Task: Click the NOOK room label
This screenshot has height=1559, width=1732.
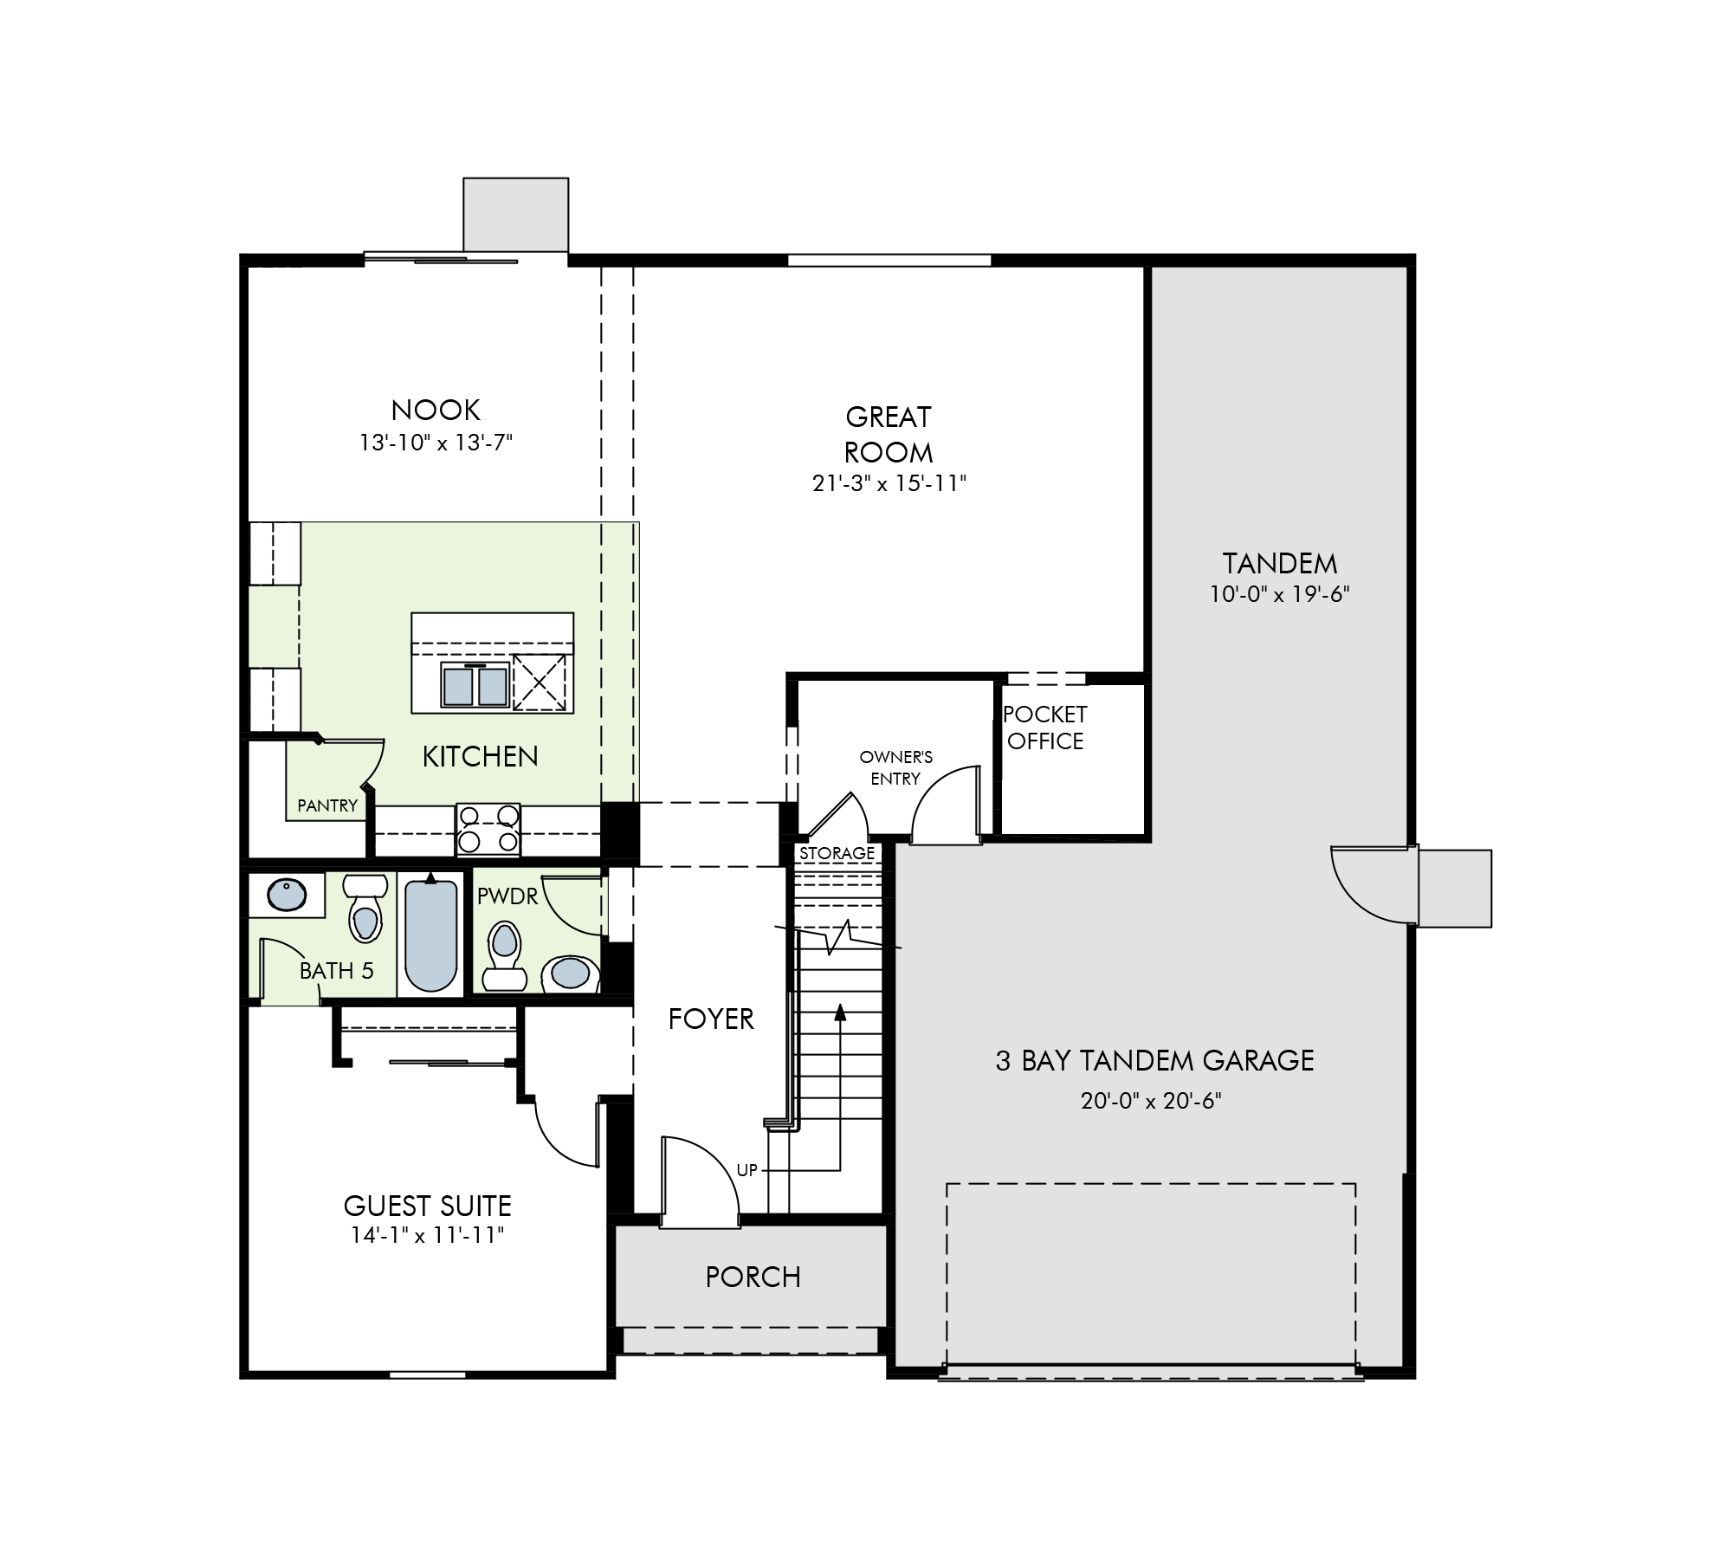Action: point(436,410)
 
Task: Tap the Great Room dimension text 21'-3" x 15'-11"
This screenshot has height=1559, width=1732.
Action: point(889,483)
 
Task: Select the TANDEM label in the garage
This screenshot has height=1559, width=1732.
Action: point(1280,564)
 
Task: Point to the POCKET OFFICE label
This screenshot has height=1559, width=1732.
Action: point(1045,728)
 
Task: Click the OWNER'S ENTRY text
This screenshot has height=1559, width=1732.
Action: point(895,768)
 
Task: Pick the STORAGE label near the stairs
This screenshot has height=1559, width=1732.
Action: point(837,853)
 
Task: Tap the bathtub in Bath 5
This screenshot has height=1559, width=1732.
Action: point(430,935)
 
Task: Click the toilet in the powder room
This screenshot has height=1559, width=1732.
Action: point(504,955)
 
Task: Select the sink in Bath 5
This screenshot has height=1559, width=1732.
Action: point(287,895)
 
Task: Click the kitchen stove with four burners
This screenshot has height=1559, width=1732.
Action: point(488,829)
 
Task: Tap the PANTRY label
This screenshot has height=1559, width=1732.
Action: point(327,805)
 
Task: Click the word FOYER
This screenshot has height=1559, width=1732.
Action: point(711,1019)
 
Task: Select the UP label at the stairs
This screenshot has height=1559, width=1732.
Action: point(746,1170)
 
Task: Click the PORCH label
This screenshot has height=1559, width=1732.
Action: point(753,1277)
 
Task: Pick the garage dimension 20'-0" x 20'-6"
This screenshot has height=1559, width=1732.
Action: point(1151,1101)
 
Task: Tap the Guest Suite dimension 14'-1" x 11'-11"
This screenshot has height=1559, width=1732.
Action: point(428,1235)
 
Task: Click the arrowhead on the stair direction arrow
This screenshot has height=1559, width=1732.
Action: point(839,1012)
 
